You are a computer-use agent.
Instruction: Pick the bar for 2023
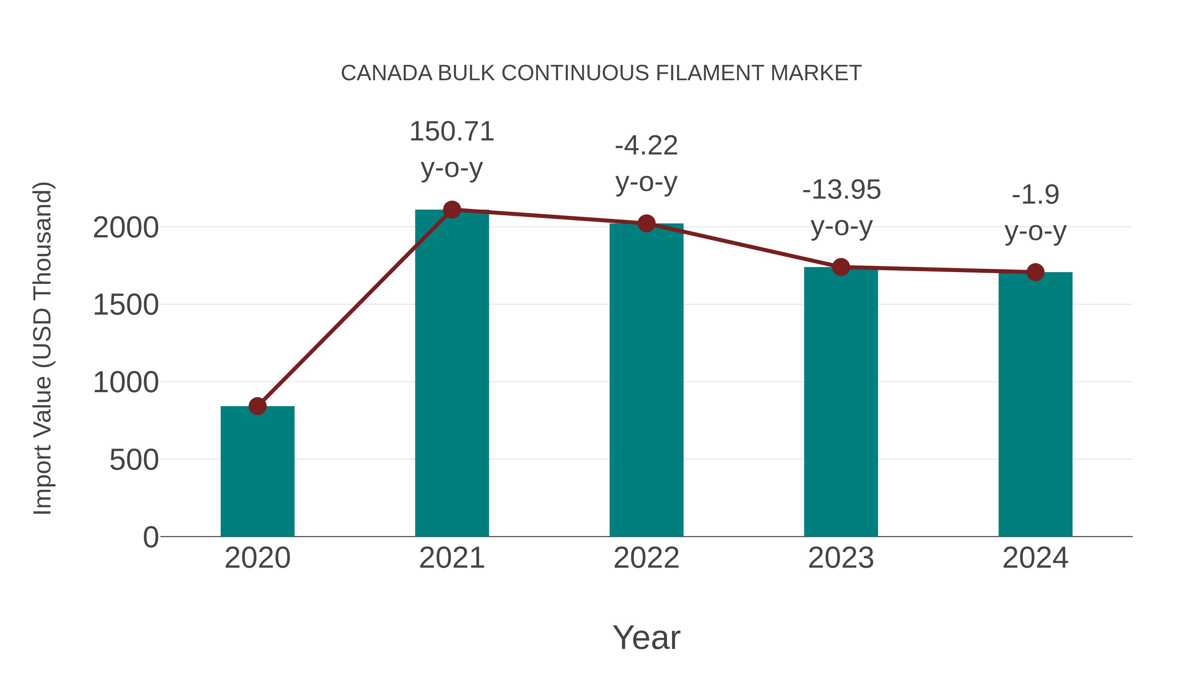(841, 402)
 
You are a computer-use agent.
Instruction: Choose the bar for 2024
(1035, 404)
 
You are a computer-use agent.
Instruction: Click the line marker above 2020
(257, 406)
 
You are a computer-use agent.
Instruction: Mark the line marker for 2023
(841, 267)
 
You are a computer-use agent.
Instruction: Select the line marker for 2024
(1035, 272)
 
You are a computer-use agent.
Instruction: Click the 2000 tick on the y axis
(126, 228)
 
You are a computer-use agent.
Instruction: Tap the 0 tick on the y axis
(151, 537)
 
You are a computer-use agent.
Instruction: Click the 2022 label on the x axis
(646, 558)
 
